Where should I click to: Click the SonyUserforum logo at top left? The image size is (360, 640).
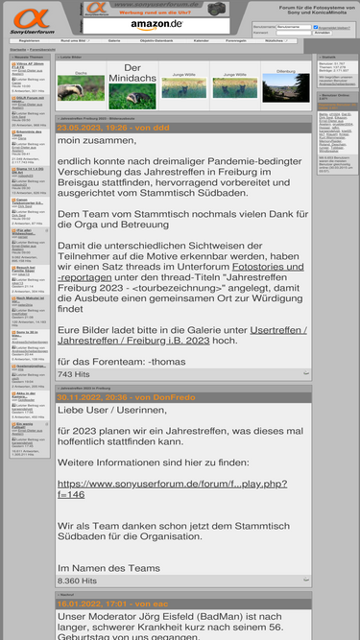point(31,19)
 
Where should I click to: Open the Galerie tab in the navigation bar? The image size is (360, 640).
point(114,41)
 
